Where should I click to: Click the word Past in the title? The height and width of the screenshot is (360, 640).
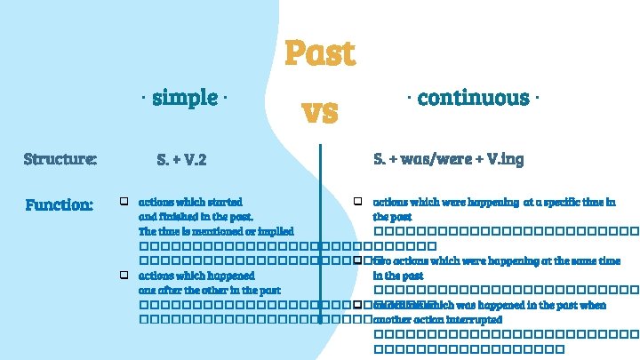[x=320, y=53]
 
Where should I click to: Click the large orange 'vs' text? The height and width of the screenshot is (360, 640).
[x=320, y=112]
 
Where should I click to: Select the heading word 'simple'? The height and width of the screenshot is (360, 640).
[x=185, y=97]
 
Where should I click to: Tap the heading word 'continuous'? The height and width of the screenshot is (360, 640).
[x=474, y=97]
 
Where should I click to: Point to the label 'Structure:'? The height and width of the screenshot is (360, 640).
[x=60, y=160]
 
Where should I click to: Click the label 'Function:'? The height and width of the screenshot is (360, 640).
[x=60, y=205]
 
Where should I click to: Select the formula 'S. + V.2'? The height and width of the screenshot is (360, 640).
[x=181, y=160]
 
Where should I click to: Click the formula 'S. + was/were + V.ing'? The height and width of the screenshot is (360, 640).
[x=449, y=159]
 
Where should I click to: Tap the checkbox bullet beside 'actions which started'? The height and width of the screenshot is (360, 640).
[x=125, y=202]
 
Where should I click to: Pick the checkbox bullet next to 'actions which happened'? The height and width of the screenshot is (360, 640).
[x=125, y=276]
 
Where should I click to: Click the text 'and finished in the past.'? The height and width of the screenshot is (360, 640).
[x=196, y=216]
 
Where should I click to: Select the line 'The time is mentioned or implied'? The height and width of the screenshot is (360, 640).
[x=216, y=231]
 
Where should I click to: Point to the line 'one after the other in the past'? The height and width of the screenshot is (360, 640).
[x=210, y=290]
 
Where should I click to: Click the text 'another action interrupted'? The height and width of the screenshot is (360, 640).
[x=438, y=319]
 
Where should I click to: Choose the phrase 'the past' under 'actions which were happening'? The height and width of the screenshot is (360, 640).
[x=392, y=216]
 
